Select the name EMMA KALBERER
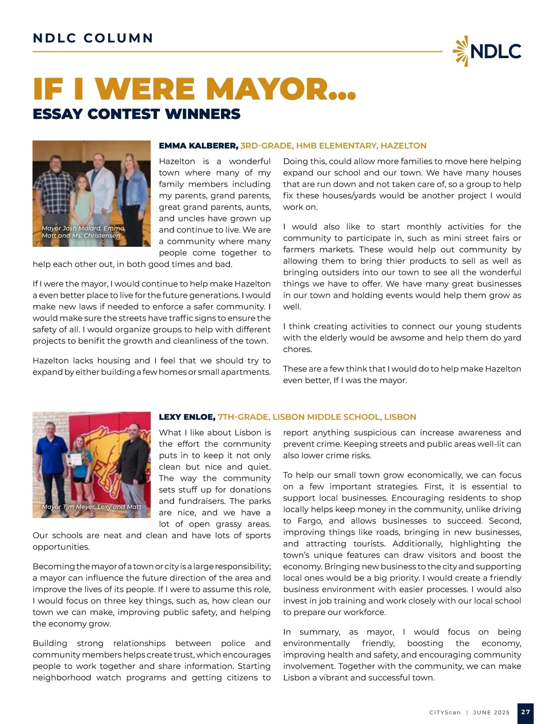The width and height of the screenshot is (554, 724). coord(199,146)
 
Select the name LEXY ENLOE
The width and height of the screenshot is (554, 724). coord(187,417)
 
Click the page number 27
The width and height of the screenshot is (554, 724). coord(525,712)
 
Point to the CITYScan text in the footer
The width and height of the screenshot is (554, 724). coord(445,712)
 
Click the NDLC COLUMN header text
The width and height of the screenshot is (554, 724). coord(93,38)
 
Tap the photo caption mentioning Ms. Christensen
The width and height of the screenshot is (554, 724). coord(83,232)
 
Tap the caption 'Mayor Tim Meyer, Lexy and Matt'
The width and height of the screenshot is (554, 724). coord(91,507)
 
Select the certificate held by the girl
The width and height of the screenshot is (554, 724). coord(74,459)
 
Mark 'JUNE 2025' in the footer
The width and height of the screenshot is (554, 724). coord(491,712)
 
